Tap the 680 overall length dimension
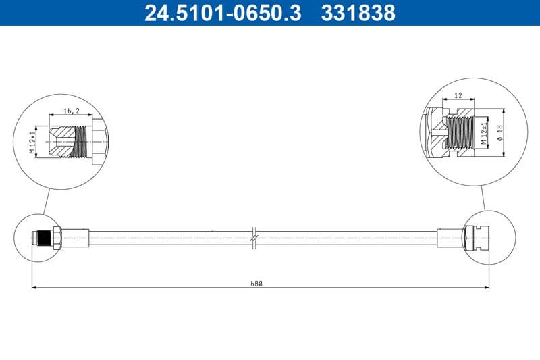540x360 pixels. coord(256,284)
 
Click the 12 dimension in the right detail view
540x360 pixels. coord(458,95)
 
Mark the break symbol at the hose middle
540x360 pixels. coord(253,238)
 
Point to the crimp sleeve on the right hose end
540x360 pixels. coord(449,238)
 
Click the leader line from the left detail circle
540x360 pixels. coord(45,201)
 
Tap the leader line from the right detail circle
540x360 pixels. coord(484,198)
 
